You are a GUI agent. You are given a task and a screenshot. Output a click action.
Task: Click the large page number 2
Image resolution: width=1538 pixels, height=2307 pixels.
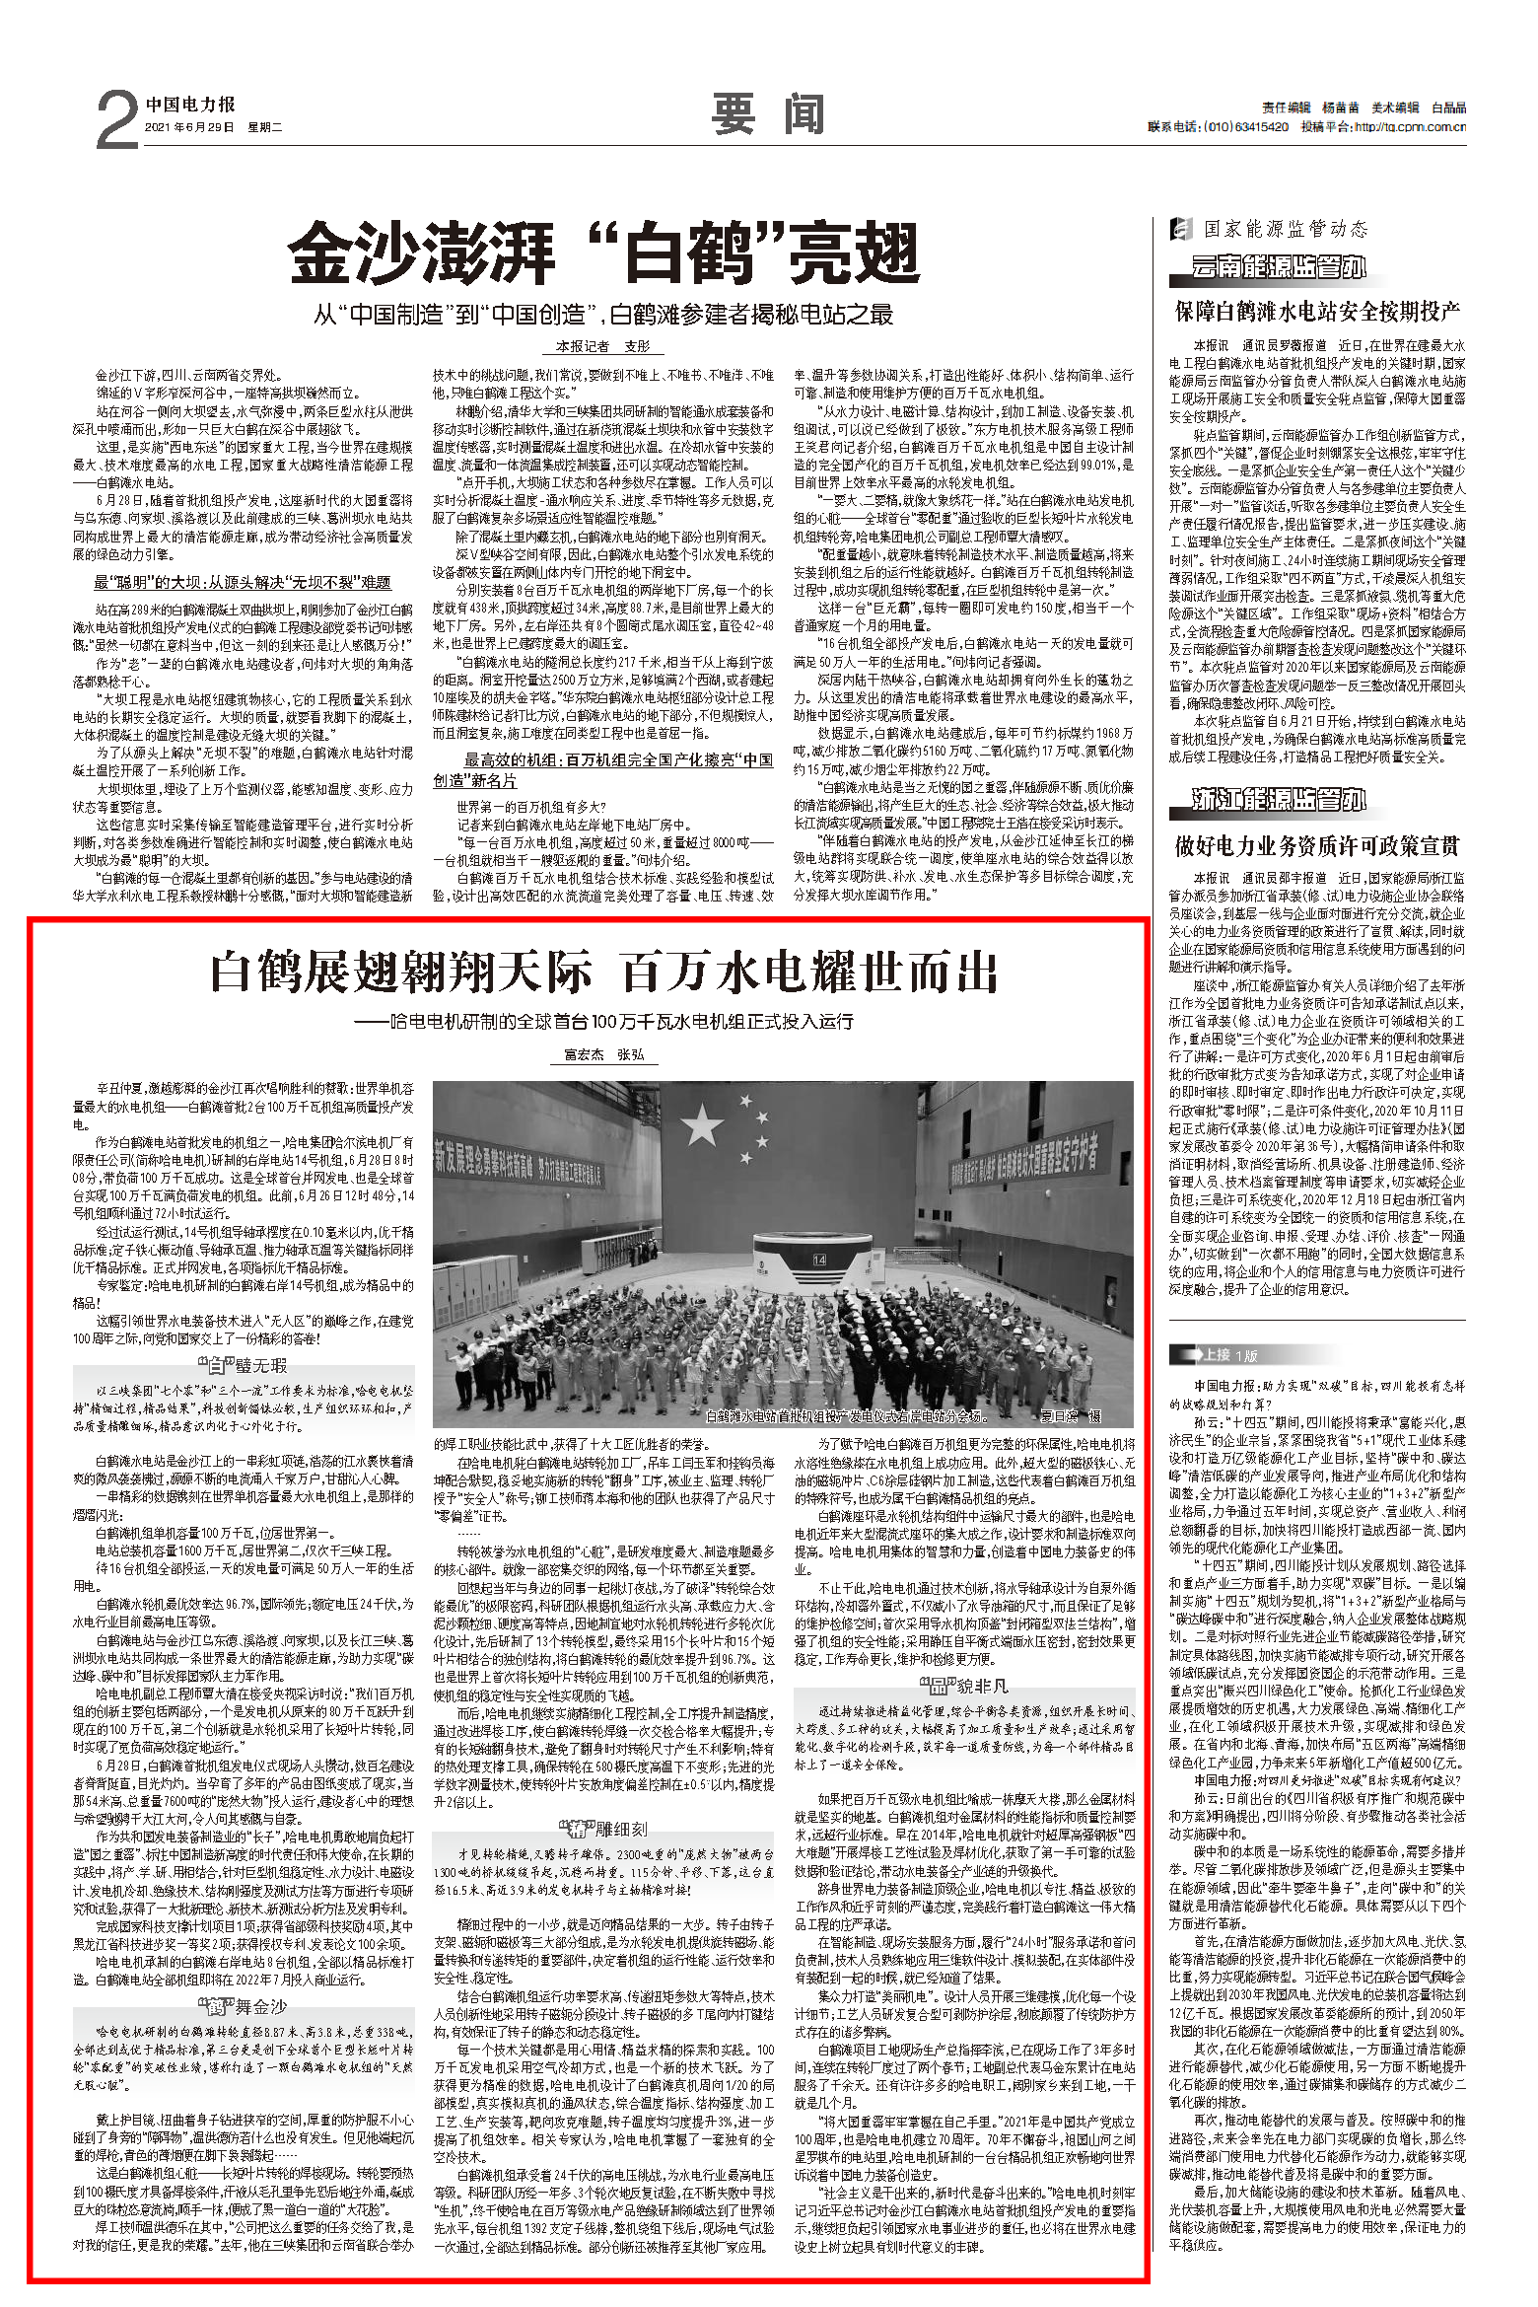pos(117,120)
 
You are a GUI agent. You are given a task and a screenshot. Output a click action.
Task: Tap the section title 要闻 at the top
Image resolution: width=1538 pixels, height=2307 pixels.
pos(768,114)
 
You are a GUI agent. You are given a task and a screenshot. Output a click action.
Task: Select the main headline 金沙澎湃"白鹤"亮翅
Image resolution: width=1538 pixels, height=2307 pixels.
pos(604,252)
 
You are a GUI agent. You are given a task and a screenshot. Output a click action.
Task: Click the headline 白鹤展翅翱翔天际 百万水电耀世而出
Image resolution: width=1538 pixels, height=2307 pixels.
pos(603,973)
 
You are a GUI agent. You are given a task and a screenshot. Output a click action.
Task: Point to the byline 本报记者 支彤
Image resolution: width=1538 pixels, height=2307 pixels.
pos(603,346)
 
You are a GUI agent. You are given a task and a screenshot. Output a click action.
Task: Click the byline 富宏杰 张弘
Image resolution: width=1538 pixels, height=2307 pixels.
pos(603,1054)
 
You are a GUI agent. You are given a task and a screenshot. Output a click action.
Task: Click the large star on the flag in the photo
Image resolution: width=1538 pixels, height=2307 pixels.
pos(702,1124)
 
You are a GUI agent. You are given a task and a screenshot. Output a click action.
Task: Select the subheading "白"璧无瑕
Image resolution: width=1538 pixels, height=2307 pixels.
pos(244,1365)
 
